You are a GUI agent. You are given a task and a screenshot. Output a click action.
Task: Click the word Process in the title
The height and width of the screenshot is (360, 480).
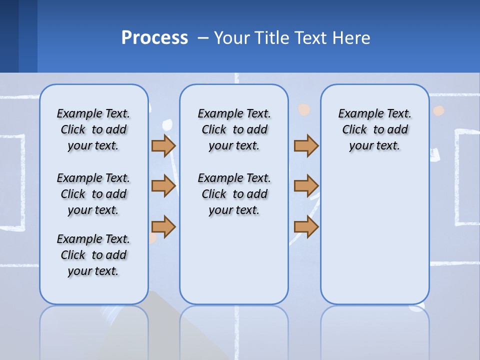coord(154,38)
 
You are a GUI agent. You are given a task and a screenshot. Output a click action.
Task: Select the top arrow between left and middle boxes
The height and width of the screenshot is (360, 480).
coord(163,146)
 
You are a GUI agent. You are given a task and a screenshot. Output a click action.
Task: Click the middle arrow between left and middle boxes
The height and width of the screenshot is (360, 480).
coord(163,186)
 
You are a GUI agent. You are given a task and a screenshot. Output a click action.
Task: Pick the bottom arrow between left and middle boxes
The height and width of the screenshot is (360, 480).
coord(163,226)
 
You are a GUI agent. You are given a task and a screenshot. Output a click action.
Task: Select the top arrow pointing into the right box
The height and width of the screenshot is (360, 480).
coord(306,146)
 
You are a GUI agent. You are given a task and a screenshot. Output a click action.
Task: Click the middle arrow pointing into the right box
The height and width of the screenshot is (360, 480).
coord(306,186)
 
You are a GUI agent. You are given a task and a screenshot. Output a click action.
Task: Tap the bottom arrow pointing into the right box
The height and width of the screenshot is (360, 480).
coord(306,226)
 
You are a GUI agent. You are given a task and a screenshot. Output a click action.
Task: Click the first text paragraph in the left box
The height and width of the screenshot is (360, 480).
coord(93,129)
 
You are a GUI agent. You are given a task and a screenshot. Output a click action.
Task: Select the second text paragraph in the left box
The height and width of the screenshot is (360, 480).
coord(93,194)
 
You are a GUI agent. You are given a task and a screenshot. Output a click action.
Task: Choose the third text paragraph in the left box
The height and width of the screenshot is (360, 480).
coord(93,255)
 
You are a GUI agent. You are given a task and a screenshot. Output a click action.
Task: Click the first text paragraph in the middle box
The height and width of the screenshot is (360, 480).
coord(234,129)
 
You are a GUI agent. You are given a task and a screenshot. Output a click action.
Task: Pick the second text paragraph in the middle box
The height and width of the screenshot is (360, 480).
coord(234,194)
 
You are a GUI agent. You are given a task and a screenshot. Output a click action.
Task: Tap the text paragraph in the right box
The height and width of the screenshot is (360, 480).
coord(375,129)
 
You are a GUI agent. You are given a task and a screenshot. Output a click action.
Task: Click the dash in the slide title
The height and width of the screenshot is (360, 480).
coord(202,38)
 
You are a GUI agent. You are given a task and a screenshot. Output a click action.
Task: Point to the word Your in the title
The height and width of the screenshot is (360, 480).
coord(232,38)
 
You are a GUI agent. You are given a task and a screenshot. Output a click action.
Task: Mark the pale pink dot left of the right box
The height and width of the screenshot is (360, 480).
coord(304,110)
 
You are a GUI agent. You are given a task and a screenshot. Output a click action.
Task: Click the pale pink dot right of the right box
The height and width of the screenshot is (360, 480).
coord(438,111)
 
